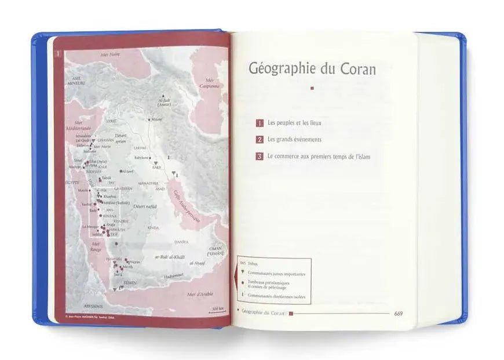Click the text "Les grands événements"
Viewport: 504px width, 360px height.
pos(294,140)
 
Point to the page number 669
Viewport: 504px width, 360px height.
pos(398,314)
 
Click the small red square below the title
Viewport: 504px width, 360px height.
pos(312,89)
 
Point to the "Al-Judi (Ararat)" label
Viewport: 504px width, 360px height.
pos(164,103)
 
